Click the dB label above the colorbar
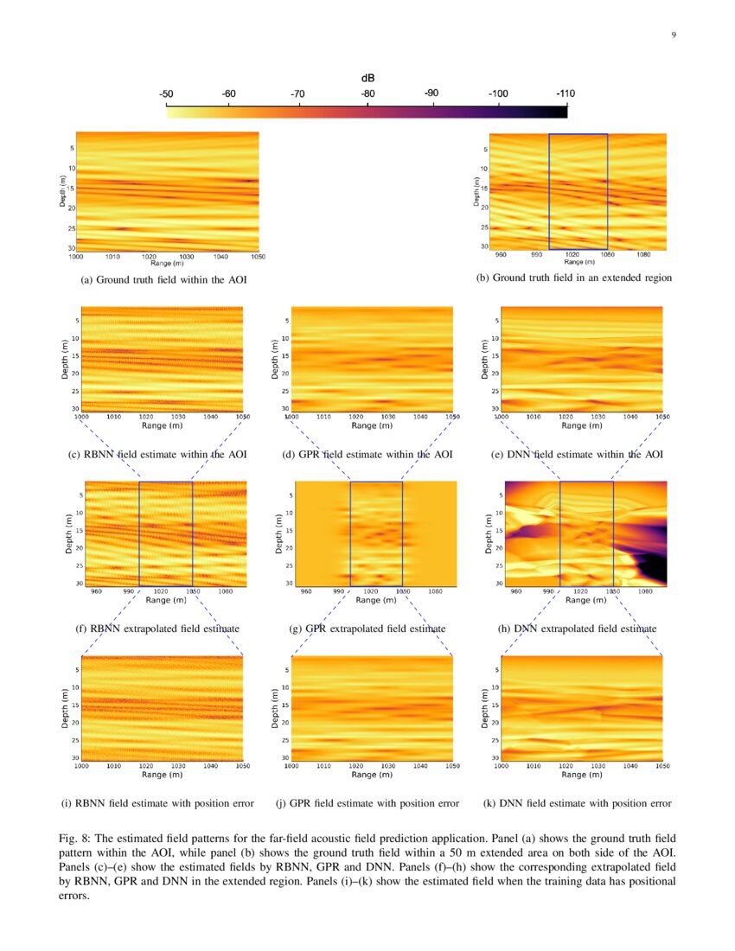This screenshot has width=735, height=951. pos(367,78)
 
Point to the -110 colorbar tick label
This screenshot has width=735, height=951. pos(566,93)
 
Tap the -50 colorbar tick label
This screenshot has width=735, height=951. pos(167,93)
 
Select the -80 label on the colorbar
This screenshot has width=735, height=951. pos(367,93)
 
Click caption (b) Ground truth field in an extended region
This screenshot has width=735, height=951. pos(573,278)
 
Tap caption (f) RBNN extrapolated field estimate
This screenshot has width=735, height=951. pos(160,628)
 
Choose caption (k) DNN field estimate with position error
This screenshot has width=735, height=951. pos(577,803)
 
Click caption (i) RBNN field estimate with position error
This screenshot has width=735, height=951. pos(157,803)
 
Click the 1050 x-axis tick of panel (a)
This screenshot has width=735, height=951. pos(258,257)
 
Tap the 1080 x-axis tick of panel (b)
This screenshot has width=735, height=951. pos(642,255)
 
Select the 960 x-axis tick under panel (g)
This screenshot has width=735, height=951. pos(306,591)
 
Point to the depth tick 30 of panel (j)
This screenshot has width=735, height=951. pos(284,757)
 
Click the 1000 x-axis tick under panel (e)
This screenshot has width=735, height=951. pos(501,417)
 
